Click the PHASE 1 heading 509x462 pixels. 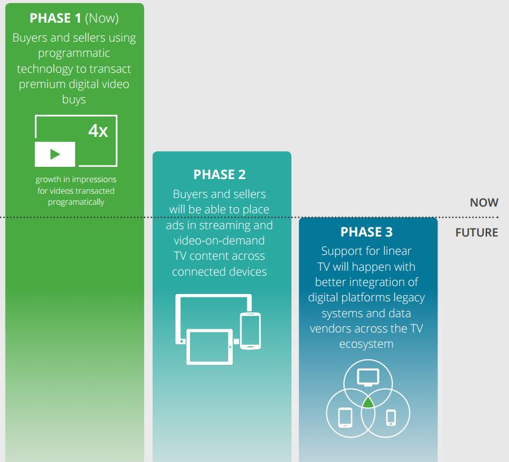(x=55, y=18)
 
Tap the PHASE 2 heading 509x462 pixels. (x=219, y=175)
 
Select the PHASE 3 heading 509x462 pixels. (x=367, y=232)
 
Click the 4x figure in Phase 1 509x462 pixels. (x=98, y=131)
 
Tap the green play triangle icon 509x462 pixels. (x=55, y=154)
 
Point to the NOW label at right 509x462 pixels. (x=484, y=203)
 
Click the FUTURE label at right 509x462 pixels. (x=477, y=232)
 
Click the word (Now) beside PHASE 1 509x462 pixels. (x=102, y=18)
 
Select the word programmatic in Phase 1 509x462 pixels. (x=74, y=53)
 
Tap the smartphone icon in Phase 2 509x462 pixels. (x=251, y=331)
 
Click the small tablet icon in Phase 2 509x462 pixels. (x=210, y=346)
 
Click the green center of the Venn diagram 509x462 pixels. (x=368, y=403)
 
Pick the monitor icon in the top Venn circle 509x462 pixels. (x=368, y=377)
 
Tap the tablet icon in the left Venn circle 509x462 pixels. (x=345, y=417)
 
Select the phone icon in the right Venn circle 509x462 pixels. (x=391, y=417)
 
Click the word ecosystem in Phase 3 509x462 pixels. (x=366, y=344)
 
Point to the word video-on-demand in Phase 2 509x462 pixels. (x=219, y=241)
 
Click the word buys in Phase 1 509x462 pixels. (x=74, y=100)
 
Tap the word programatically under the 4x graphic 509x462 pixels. (x=76, y=202)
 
